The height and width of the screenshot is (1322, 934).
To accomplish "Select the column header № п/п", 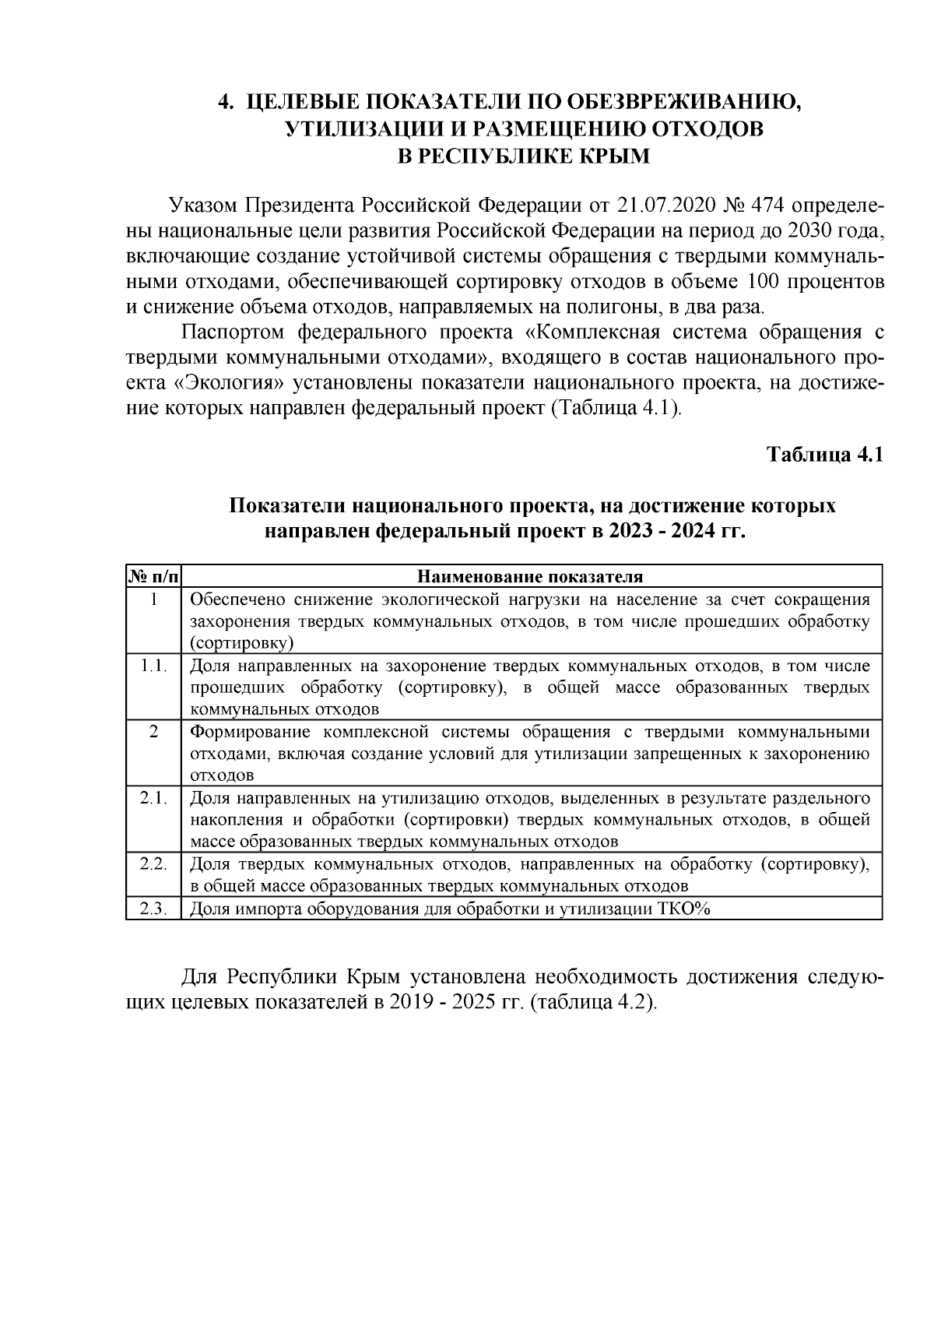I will click(153, 577).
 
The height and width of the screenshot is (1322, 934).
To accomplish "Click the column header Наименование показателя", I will click(531, 577).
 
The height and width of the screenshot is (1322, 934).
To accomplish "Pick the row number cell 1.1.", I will click(153, 666).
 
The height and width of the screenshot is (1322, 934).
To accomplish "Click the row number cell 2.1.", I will click(153, 799).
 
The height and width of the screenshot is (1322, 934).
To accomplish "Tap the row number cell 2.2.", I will click(153, 864).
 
